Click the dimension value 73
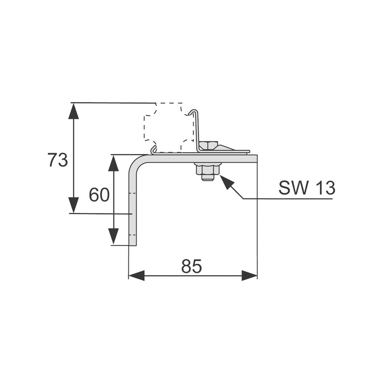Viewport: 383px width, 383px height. tap(57, 160)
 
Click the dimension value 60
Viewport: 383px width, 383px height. tap(99, 195)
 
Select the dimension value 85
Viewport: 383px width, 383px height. tap(192, 266)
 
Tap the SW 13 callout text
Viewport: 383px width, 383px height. tap(307, 188)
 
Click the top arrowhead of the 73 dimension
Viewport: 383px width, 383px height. tap(74, 111)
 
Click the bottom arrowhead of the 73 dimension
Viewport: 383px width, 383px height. tap(74, 205)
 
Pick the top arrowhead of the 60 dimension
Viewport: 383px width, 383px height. tap(114, 163)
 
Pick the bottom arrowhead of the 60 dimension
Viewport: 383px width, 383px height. tap(114, 236)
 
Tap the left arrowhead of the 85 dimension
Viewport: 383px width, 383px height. tap(137, 276)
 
